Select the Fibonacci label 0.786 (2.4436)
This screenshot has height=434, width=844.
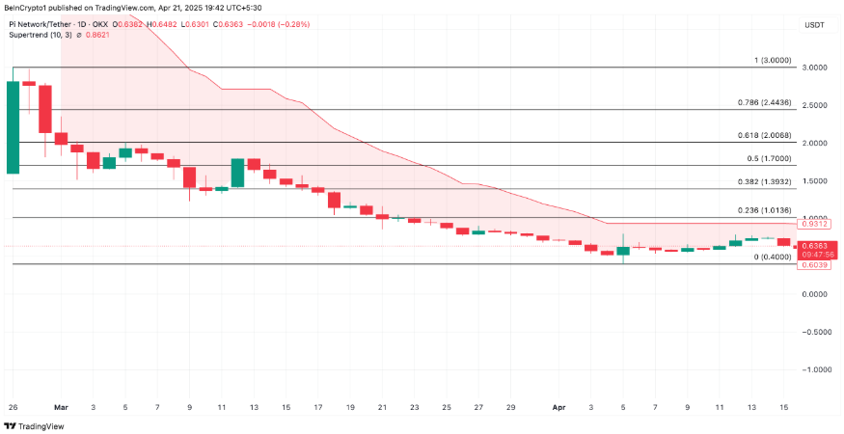click(x=760, y=102)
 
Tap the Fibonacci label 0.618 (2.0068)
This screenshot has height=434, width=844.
click(x=760, y=136)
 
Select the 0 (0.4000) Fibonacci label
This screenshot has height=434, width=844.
click(x=772, y=257)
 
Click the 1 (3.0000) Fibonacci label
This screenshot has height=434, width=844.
click(x=773, y=60)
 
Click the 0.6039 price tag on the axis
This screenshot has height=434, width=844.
click(x=813, y=264)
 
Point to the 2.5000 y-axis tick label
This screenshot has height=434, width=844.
click(x=814, y=106)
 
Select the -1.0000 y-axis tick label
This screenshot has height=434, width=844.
click(x=813, y=369)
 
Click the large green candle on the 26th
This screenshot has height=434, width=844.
click(x=13, y=127)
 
